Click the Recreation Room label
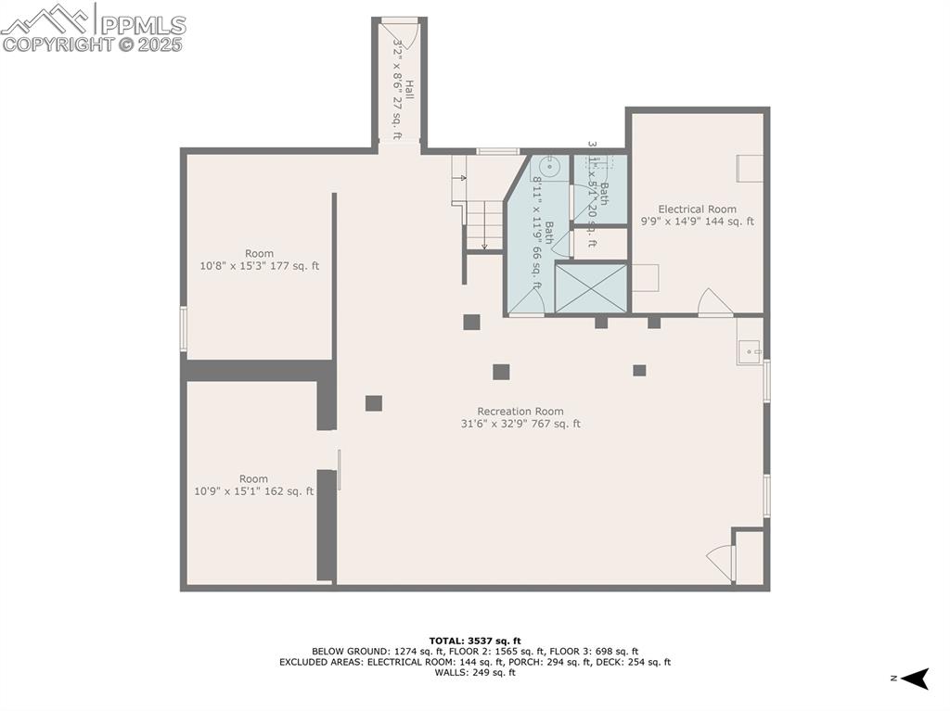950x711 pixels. [x=520, y=417]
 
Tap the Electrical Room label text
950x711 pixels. [x=697, y=215]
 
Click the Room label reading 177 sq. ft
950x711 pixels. [x=259, y=260]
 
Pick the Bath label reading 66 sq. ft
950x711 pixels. [x=542, y=237]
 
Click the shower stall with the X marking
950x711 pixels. [x=591, y=288]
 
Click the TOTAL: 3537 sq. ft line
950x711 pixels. [x=474, y=641]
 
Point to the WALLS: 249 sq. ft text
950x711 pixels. [x=474, y=673]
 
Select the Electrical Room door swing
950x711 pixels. [x=713, y=302]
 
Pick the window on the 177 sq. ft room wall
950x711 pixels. [x=184, y=329]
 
